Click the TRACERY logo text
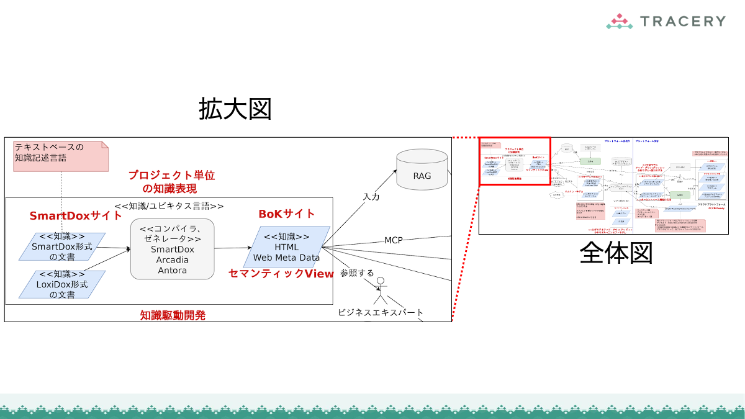click(x=682, y=21)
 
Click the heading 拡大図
click(x=235, y=109)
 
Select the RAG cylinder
click(x=422, y=169)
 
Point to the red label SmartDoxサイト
click(x=76, y=216)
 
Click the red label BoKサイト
click(x=287, y=214)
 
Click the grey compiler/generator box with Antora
click(x=172, y=248)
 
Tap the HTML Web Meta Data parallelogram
click(x=287, y=246)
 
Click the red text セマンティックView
click(x=281, y=274)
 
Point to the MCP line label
click(x=394, y=240)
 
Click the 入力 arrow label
click(x=371, y=197)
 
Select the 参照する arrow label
click(x=357, y=273)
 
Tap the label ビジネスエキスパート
click(x=381, y=312)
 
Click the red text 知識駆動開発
click(x=173, y=315)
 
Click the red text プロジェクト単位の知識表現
click(x=171, y=182)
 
